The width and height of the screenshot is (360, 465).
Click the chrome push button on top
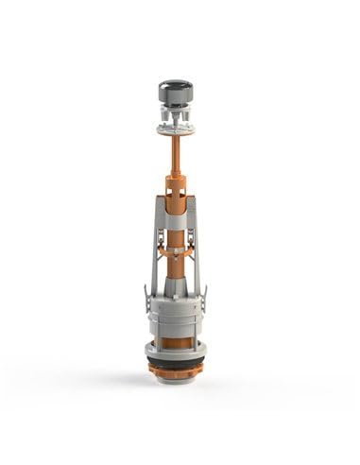pyautogui.click(x=175, y=93)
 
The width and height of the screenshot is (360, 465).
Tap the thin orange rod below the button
pyautogui.click(x=175, y=150)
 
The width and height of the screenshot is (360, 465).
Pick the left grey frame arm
pyautogui.click(x=150, y=250)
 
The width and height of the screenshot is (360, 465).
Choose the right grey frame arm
pyautogui.click(x=199, y=250)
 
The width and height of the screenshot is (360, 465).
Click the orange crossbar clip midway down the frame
pyautogui.click(x=176, y=251)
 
